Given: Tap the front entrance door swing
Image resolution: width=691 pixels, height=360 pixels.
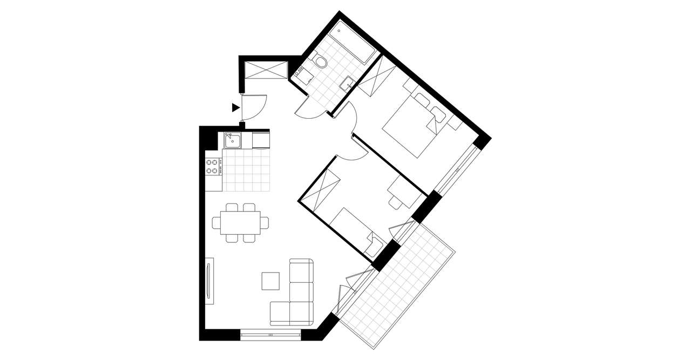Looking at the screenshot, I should pyautogui.click(x=254, y=106).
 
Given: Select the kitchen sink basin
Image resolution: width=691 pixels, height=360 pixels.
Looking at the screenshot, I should pyautogui.click(x=233, y=141).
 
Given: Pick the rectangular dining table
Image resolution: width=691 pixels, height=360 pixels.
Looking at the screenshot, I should pyautogui.click(x=240, y=222).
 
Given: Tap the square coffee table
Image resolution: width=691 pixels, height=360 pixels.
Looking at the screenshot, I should pyautogui.click(x=270, y=280).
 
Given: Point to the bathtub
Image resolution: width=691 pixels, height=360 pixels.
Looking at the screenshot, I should pyautogui.click(x=353, y=40).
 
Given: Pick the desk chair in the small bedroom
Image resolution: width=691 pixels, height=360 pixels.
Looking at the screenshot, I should pyautogui.click(x=396, y=201).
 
